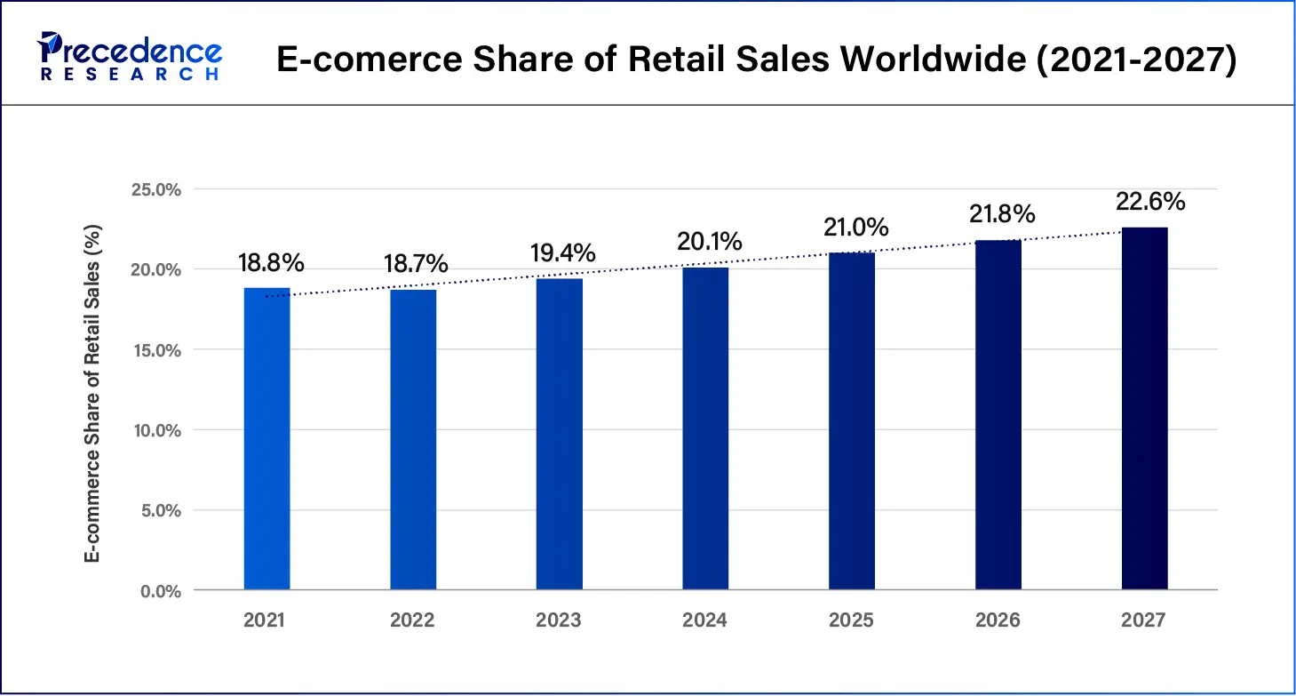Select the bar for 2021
click(x=266, y=438)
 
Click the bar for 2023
click(x=560, y=434)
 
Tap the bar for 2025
click(x=852, y=420)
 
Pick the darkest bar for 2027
click(x=1144, y=408)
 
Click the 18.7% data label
click(x=416, y=264)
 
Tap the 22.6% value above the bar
click(x=1150, y=202)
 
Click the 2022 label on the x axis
click(x=412, y=620)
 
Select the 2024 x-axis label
click(x=705, y=620)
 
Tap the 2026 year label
click(x=998, y=620)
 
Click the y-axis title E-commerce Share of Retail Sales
click(x=92, y=392)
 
